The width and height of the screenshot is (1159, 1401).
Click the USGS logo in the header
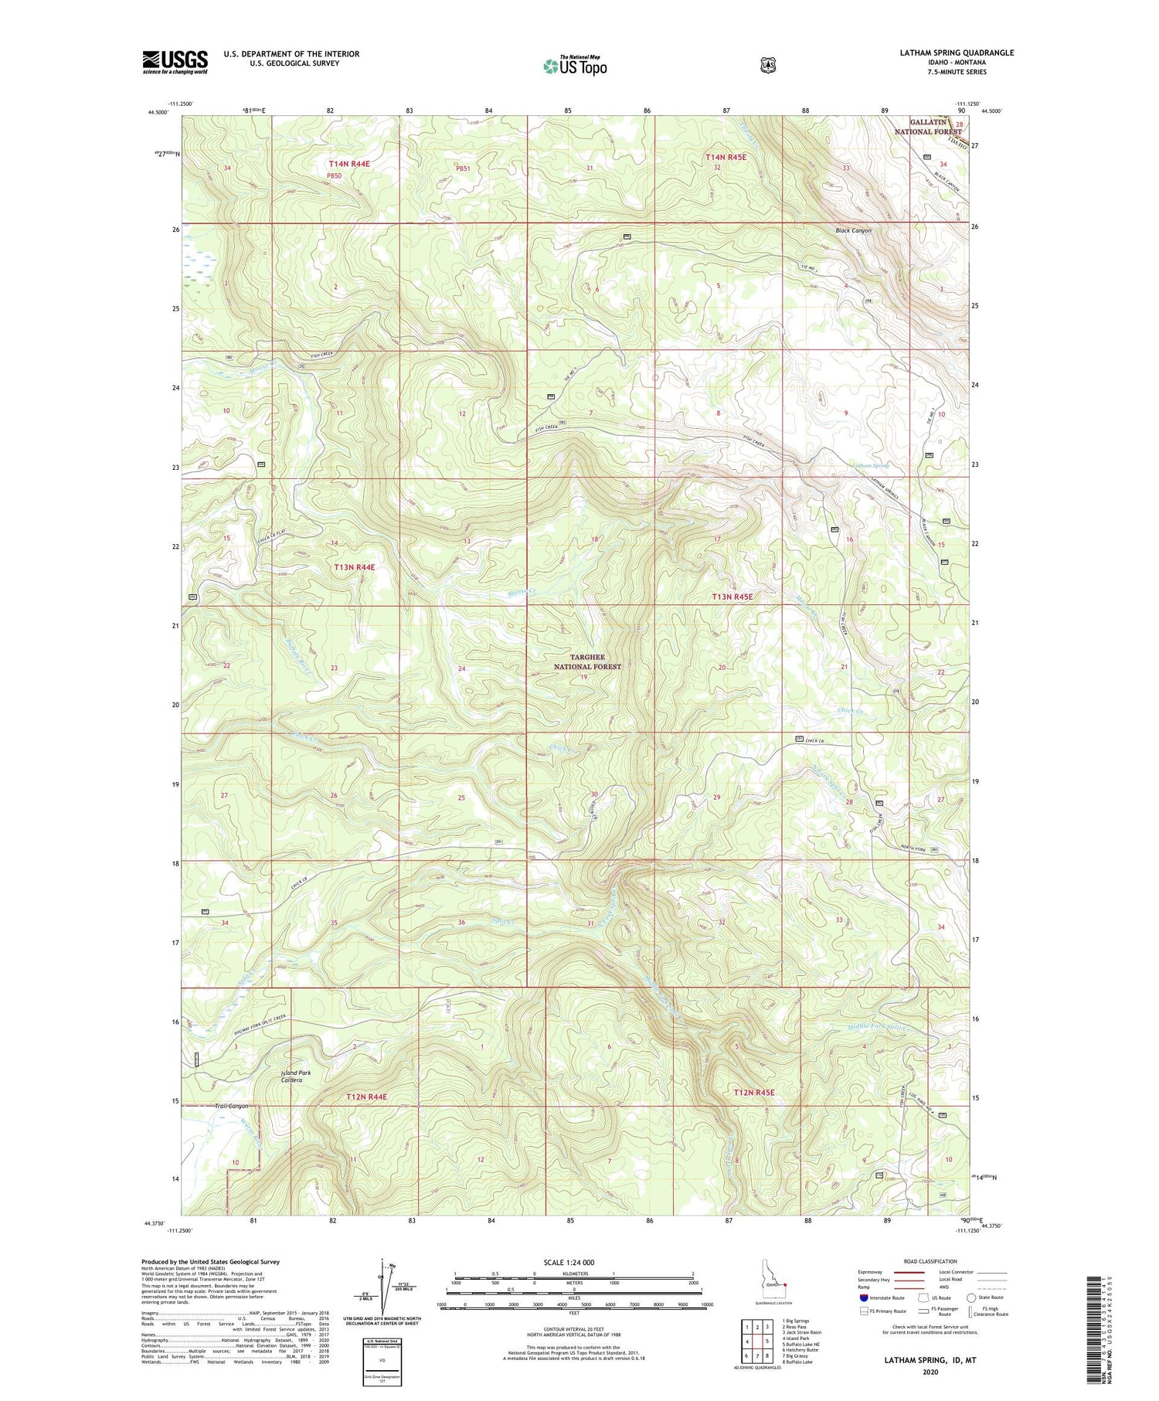coord(175,62)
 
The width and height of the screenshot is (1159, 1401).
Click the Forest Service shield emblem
coord(767,66)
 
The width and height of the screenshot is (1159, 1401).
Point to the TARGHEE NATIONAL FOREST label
coord(587,661)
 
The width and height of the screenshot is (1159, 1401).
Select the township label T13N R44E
coord(355,567)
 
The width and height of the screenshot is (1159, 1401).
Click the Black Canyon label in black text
coord(853,230)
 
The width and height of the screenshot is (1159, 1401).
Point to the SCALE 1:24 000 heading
coord(569,1262)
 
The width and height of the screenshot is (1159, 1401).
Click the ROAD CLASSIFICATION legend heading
coord(916,1261)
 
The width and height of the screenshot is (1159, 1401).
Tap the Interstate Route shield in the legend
coord(864,1297)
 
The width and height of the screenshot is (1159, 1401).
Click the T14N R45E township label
coord(726,158)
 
